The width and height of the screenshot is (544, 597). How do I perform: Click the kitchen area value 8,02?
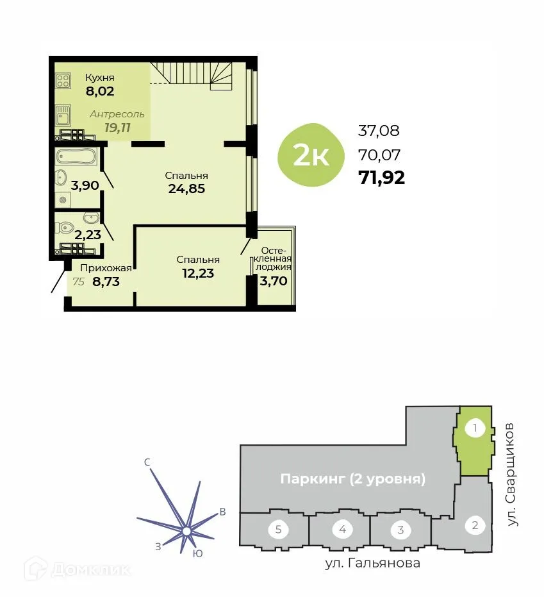[x=100, y=91]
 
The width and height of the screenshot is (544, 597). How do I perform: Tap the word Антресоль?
[x=117, y=114]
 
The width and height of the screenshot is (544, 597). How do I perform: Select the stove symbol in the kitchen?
[x=63, y=81]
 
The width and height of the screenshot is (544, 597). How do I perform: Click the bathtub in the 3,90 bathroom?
[x=76, y=156]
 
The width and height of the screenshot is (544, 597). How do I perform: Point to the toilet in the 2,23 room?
[x=65, y=228]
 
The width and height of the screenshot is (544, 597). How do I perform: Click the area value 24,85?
[x=186, y=188]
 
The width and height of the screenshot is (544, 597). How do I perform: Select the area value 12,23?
[x=197, y=273]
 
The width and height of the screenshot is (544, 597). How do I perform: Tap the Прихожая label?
[x=106, y=269]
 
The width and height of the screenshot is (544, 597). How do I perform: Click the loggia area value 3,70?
[x=272, y=280]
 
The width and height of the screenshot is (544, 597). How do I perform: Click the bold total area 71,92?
[x=382, y=178]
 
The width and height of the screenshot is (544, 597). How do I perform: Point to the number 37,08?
[x=379, y=131]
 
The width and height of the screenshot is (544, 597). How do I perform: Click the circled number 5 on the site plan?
[x=279, y=530]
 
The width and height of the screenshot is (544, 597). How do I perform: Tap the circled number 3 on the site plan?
[x=400, y=530]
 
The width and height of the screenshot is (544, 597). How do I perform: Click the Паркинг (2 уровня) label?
[x=353, y=479]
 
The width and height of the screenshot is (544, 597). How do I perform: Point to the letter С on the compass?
[x=147, y=462]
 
